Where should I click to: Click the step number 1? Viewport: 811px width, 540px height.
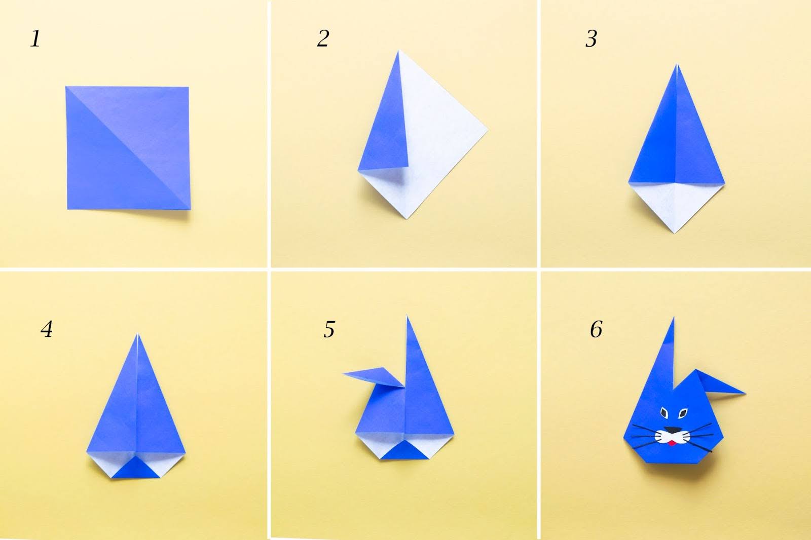pyautogui.click(x=35, y=38)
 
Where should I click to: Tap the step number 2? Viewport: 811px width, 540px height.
pyautogui.click(x=323, y=38)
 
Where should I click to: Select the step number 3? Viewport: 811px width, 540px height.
pyautogui.click(x=591, y=38)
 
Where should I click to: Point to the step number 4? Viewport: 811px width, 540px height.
pyautogui.click(x=47, y=329)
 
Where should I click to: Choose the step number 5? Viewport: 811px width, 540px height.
pyautogui.click(x=329, y=329)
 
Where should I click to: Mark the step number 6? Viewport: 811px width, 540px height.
pyautogui.click(x=596, y=329)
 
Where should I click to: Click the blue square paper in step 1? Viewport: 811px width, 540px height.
pyautogui.click(x=128, y=148)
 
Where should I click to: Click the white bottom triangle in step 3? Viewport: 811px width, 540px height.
pyautogui.click(x=676, y=205)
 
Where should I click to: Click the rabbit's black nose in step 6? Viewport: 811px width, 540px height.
pyautogui.click(x=673, y=430)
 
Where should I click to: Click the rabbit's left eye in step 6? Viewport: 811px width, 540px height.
pyautogui.click(x=664, y=413)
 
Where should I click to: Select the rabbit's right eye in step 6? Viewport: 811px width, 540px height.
pyautogui.click(x=683, y=413)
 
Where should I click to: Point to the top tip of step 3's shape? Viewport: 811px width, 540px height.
pyautogui.click(x=676, y=64)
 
